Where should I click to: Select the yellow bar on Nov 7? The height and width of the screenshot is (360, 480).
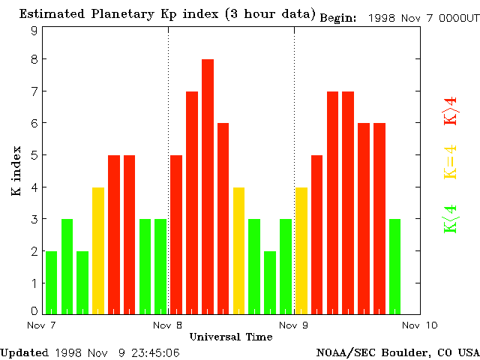98,250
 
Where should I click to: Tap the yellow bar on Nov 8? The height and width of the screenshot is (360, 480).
238,250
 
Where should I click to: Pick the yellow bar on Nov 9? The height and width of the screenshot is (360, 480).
301,250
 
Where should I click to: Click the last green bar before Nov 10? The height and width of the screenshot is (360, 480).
394,266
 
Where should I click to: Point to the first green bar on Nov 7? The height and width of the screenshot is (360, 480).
51,282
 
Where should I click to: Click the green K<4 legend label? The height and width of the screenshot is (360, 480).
450,218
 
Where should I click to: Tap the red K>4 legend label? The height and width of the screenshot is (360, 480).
450,110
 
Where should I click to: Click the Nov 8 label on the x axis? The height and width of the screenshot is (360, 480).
167,325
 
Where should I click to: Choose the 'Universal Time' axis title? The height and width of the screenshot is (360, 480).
230,337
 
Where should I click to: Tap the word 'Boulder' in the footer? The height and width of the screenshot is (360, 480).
407,352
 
